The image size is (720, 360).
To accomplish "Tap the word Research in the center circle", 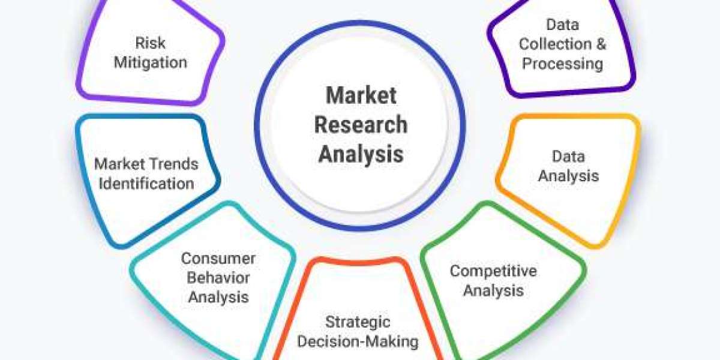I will [x=361, y=125].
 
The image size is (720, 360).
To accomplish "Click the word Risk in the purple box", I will [x=150, y=43].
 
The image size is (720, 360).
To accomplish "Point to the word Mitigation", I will [x=150, y=62].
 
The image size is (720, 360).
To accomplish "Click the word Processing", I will [x=562, y=63].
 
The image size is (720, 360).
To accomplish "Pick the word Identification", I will [x=146, y=183].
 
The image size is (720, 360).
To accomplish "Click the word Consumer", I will [x=218, y=259].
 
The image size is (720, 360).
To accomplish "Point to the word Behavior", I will [x=218, y=277].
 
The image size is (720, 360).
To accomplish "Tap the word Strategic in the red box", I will [x=358, y=322].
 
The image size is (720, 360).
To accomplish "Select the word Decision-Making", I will [x=358, y=341].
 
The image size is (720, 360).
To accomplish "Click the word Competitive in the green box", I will [x=493, y=271].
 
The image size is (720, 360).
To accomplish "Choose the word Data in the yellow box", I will [x=568, y=157].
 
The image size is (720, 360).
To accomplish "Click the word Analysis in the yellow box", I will [x=568, y=176].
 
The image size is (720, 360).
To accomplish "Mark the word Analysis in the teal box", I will [x=218, y=296].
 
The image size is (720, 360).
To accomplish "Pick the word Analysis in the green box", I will [x=493, y=291].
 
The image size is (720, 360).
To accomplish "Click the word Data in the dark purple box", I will [x=562, y=25].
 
